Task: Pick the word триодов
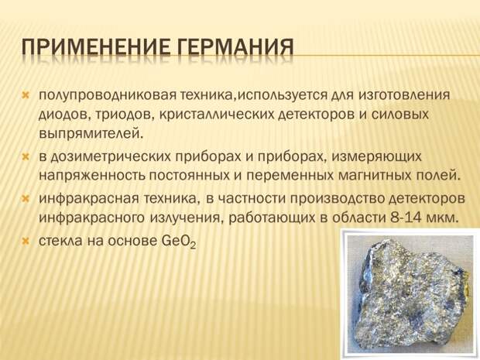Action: [x=125, y=115]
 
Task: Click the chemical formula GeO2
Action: [x=178, y=242]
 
